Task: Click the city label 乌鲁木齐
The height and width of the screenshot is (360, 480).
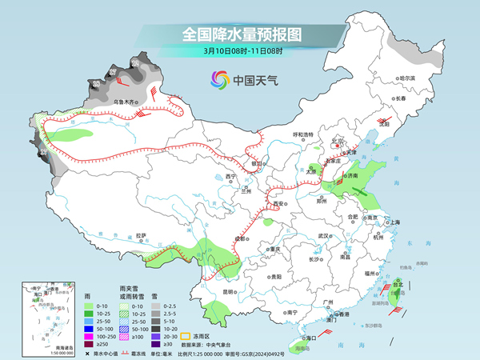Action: (x=126, y=102)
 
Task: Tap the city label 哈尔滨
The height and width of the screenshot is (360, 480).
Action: (x=407, y=78)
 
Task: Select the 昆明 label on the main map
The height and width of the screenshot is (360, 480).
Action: (x=230, y=292)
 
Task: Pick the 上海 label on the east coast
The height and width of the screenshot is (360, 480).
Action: (x=393, y=222)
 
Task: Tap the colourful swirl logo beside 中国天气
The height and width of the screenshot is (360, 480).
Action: (x=218, y=79)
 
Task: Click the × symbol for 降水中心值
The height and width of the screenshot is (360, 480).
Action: (x=86, y=354)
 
